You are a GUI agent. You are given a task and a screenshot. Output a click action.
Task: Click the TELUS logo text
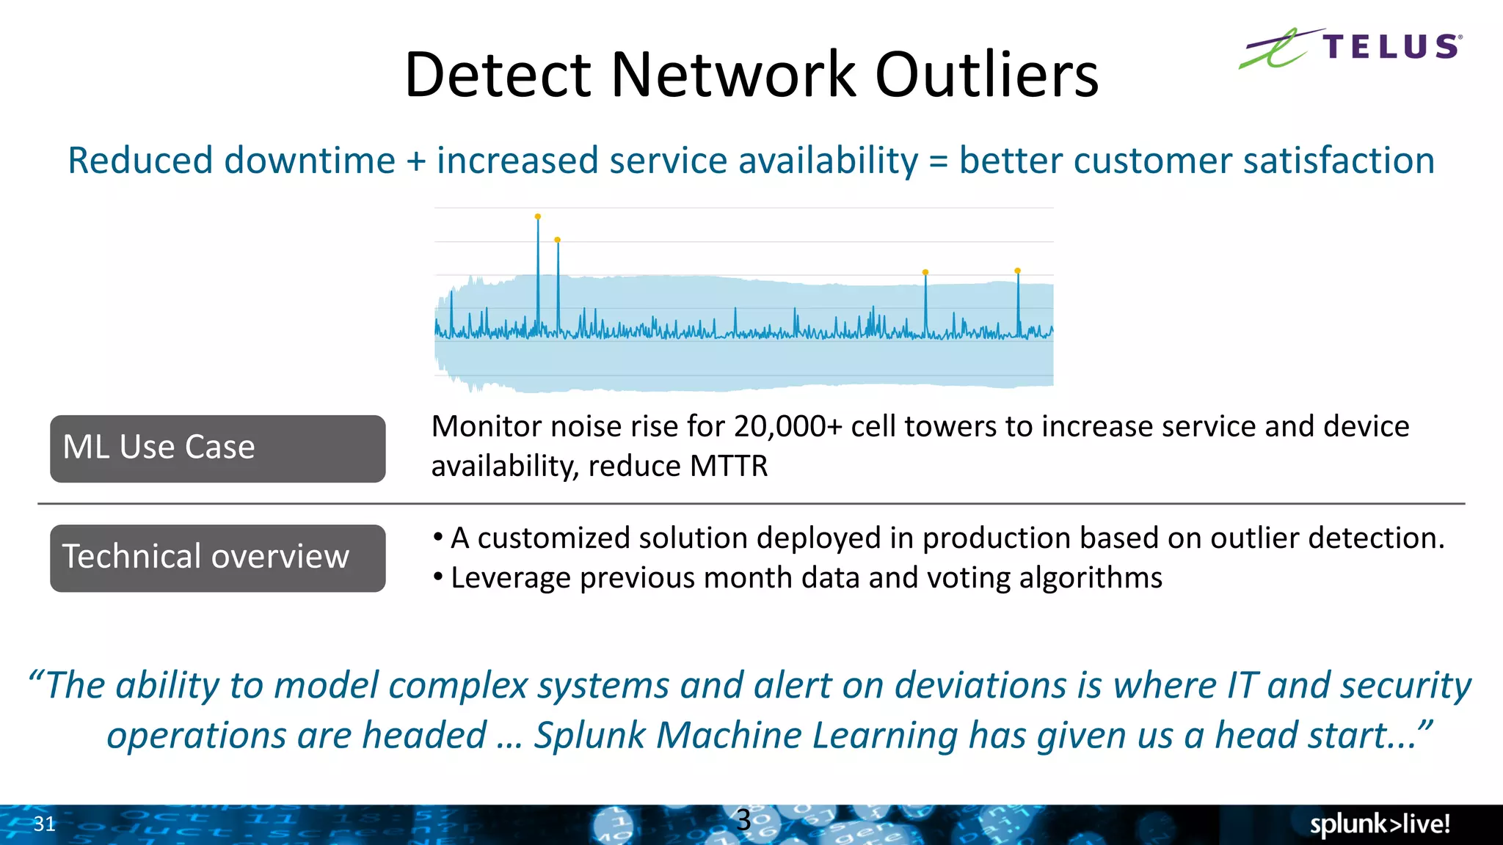click(x=1391, y=47)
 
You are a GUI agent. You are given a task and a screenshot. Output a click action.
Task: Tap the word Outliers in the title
click(x=987, y=75)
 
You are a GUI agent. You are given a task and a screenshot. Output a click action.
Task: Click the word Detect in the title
click(x=498, y=75)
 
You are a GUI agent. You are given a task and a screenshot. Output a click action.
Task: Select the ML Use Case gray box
click(x=217, y=448)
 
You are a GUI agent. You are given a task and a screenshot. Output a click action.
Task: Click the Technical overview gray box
click(x=217, y=557)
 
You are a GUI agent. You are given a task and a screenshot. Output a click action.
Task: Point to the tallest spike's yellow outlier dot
click(x=538, y=216)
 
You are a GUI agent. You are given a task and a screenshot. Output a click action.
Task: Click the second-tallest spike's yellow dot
click(x=558, y=240)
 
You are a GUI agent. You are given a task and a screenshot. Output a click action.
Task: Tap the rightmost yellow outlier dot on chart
click(x=1017, y=271)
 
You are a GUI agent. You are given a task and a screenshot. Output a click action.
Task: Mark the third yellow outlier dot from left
click(x=925, y=272)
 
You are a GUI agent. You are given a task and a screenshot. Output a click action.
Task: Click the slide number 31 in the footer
click(x=44, y=824)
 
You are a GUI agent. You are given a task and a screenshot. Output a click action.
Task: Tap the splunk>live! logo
click(x=1380, y=824)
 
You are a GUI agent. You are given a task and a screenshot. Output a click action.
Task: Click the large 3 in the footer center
click(x=743, y=820)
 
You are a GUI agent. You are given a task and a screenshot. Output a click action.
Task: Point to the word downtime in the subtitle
click(x=310, y=161)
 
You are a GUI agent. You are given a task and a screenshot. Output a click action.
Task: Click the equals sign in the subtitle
click(x=938, y=162)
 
